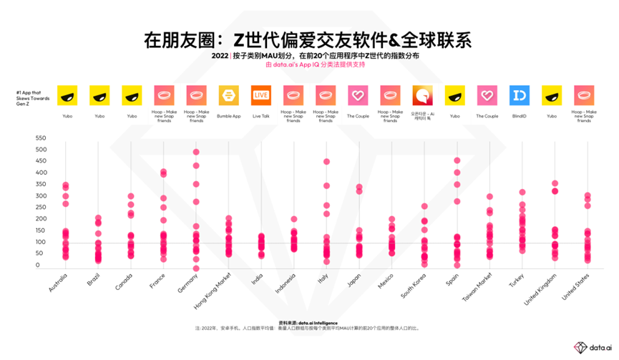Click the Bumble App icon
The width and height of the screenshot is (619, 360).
tap(228, 95)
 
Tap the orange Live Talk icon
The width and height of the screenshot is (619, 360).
tap(260, 95)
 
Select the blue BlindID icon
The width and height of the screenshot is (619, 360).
tap(520, 95)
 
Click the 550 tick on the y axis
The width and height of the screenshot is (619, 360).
tap(41, 137)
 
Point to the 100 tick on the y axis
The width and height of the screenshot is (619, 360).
tap(41, 242)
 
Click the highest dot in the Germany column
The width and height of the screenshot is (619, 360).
tap(195, 152)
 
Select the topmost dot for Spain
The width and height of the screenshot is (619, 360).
tap(457, 160)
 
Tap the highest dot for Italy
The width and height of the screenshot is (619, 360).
tap(326, 162)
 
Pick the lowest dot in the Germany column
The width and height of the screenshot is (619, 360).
tap(195, 268)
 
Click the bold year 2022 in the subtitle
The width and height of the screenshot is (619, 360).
tap(220, 54)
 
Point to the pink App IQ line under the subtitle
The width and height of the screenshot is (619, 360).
tap(309, 64)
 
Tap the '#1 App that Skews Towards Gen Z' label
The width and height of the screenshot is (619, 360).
tap(29, 96)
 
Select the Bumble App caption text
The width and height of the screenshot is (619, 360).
tap(228, 115)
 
